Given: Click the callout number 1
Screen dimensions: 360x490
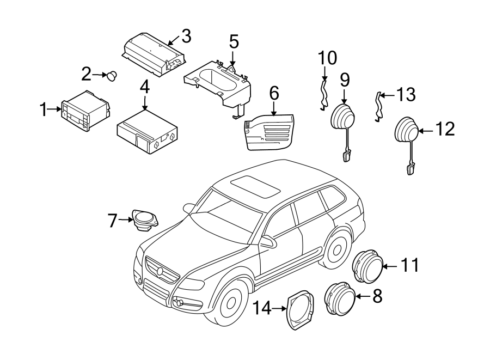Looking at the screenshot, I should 44,110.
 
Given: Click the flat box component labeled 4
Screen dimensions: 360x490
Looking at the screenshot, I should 146,130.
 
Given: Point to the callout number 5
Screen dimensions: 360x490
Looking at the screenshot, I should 234,41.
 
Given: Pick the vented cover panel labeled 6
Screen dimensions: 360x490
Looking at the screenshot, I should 270,131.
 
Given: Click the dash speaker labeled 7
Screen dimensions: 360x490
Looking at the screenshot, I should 144,221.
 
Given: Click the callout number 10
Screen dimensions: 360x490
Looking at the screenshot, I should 328,57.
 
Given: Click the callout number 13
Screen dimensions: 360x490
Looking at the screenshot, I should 405,95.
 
